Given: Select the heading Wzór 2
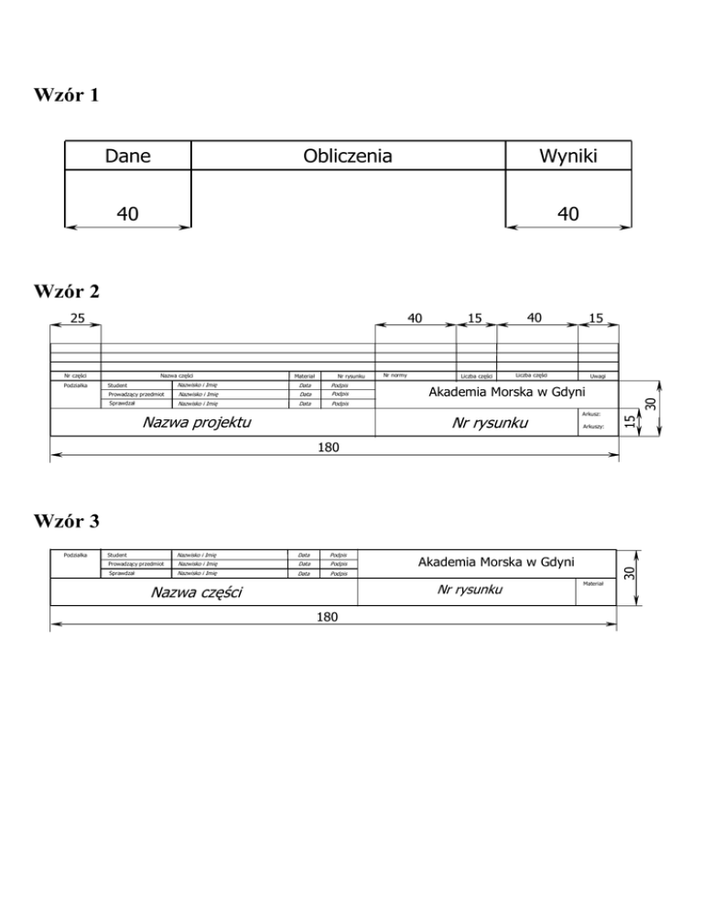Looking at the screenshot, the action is point(66,292).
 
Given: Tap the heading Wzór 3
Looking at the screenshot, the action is point(66,522).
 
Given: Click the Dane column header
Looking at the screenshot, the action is point(127,157).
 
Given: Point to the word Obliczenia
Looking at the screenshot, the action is point(347,157).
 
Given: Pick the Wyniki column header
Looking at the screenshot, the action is point(568,157).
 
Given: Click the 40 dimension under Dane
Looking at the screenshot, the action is point(127,214).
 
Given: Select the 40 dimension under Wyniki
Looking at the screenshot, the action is point(568,214).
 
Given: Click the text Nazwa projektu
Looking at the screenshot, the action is point(197,423).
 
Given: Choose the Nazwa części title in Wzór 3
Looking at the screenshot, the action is point(196,593).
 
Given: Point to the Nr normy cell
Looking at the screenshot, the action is point(395,374).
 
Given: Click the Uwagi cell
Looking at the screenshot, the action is point(599,375).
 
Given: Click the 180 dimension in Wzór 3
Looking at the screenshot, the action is point(327,618).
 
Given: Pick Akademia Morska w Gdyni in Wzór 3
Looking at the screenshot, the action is point(495,561).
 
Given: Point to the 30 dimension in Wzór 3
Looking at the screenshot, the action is point(629,573).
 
